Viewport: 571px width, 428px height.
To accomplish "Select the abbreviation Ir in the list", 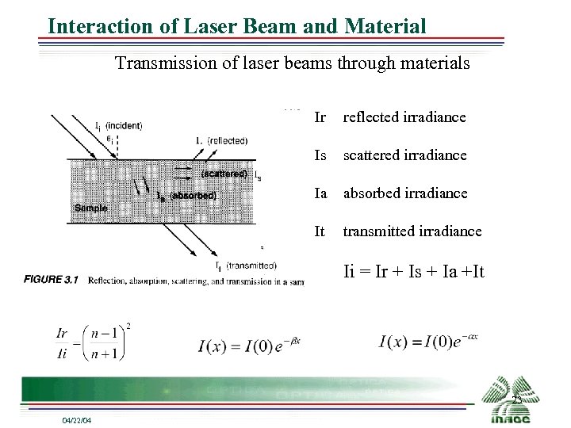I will coord(320,117).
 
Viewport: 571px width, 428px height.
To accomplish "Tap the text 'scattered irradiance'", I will coord(404,155).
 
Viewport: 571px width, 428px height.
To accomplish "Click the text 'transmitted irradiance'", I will coord(412,231).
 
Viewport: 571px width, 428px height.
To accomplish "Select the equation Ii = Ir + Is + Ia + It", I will coord(414,272).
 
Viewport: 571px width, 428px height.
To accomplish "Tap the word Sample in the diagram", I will coord(91,208).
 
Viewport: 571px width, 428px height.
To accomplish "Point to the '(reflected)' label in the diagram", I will coord(227,140).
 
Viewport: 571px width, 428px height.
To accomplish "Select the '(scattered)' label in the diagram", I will coord(224,174).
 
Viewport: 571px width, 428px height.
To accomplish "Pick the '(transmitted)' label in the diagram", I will coord(251,266).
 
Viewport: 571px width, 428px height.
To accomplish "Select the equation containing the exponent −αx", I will coord(428,342).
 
